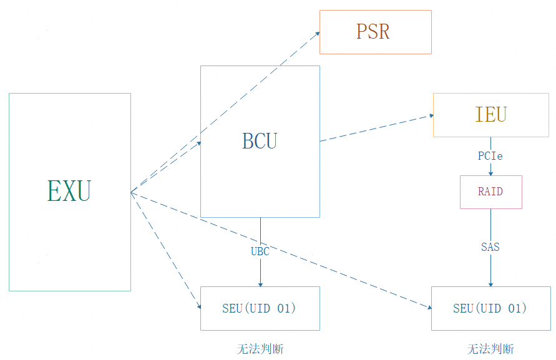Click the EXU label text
pyautogui.click(x=69, y=191)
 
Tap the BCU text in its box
pyautogui.click(x=260, y=141)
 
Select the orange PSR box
pyautogui.click(x=375, y=32)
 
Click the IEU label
pyautogui.click(x=490, y=114)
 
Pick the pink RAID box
pyautogui.click(x=490, y=192)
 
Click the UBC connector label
pyautogui.click(x=260, y=251)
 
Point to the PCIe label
pyautogui.click(x=490, y=156)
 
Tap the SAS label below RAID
pyautogui.click(x=490, y=247)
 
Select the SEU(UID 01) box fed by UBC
pyautogui.click(x=260, y=308)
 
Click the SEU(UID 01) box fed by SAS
pyautogui.click(x=490, y=308)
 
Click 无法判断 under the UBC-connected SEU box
pyautogui.click(x=260, y=349)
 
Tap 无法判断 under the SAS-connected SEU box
pyautogui.click(x=490, y=349)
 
